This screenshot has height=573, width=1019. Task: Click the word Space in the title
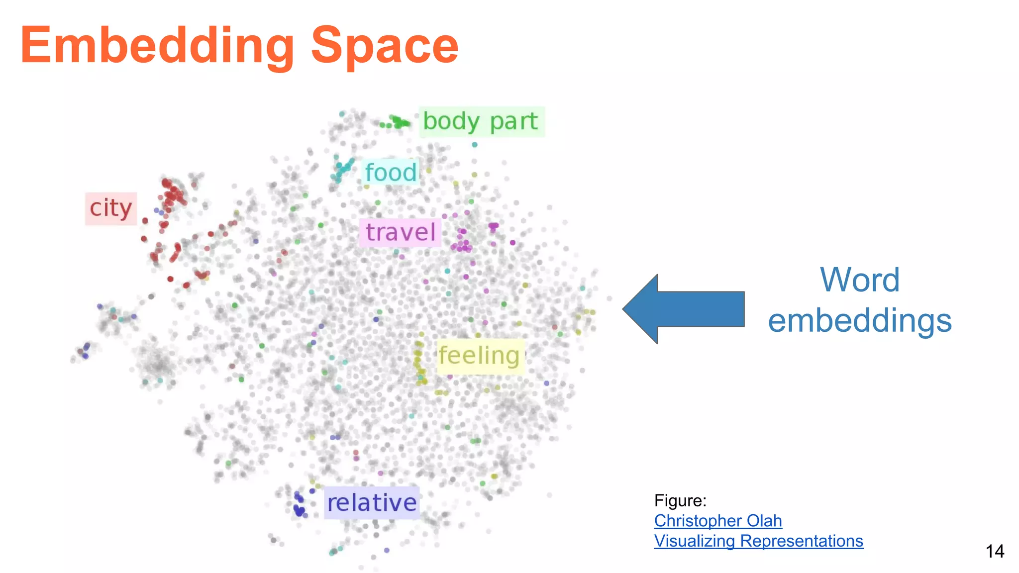(x=384, y=46)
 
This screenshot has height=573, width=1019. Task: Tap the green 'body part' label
(x=481, y=121)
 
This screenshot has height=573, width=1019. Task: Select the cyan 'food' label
(x=391, y=172)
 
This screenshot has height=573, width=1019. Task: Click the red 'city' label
(x=111, y=208)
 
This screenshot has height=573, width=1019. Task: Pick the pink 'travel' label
(x=401, y=232)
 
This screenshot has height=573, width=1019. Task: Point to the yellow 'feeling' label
(x=480, y=356)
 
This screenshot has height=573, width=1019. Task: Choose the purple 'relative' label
(x=372, y=502)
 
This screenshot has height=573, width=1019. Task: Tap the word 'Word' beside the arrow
(x=859, y=280)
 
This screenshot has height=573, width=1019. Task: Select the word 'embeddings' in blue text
(x=859, y=321)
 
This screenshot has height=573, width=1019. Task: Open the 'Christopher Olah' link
(x=717, y=520)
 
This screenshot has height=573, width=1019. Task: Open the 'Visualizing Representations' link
(x=758, y=541)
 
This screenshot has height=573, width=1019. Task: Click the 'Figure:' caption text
(x=680, y=500)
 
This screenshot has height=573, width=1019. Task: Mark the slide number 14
(x=994, y=551)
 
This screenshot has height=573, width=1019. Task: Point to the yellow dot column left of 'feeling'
(x=419, y=362)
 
